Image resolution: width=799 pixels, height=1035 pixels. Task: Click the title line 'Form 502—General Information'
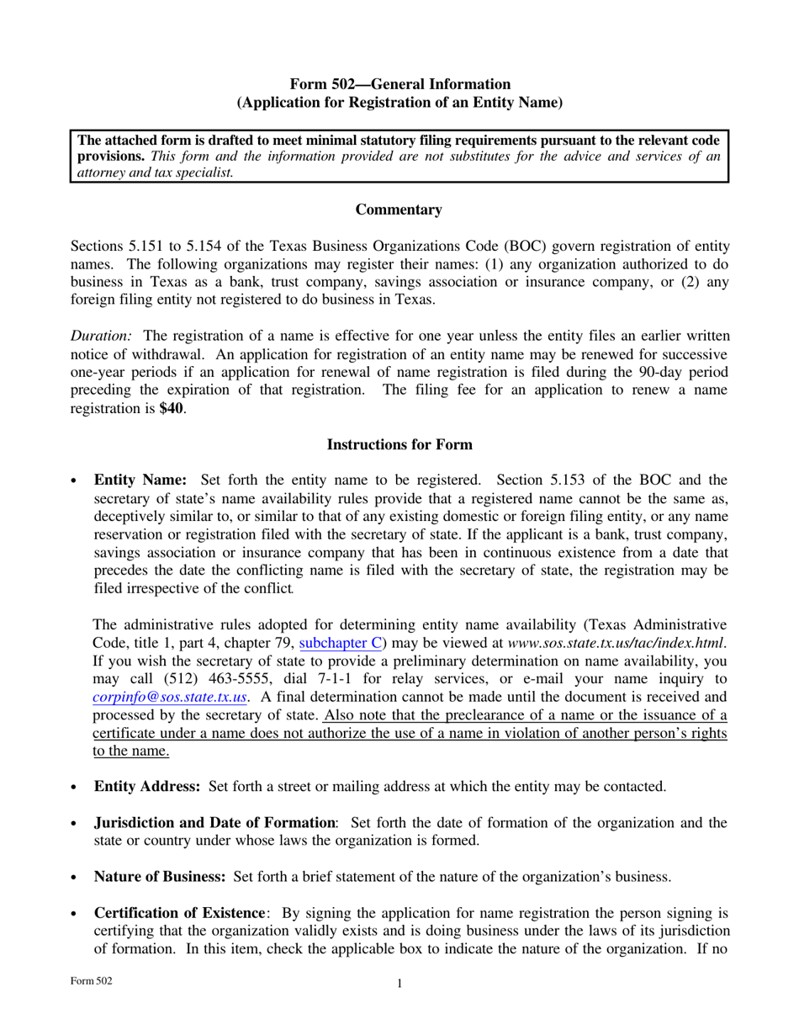pos(399,84)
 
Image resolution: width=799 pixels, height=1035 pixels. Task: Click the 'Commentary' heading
pos(399,210)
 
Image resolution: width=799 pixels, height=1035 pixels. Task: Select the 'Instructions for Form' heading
pos(399,444)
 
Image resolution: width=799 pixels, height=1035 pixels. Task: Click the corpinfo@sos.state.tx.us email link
pos(170,697)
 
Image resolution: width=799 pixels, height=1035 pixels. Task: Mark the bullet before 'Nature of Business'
pos(75,878)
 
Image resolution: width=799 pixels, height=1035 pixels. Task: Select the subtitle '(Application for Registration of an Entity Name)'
pos(399,103)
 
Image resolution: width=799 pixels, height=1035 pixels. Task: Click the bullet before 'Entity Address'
pos(75,788)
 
